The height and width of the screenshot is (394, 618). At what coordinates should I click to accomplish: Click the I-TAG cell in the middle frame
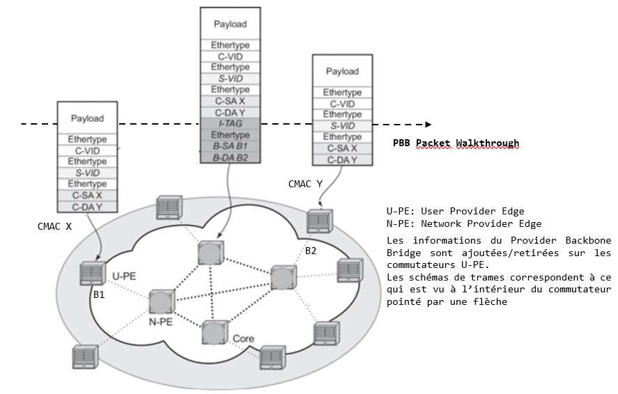pos(230,123)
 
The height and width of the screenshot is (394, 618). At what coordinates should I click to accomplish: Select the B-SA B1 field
pos(230,146)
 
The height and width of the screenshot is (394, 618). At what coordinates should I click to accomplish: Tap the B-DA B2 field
pos(230,157)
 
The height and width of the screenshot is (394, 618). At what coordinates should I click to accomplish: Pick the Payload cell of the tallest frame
pos(230,24)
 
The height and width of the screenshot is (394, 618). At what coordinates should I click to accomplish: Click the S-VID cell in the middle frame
pos(230,79)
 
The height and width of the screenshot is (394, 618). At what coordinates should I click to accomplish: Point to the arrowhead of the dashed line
pos(428,125)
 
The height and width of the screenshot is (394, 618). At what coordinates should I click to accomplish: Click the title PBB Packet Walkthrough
pos(456,143)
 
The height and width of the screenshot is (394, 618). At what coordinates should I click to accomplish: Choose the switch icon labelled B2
pos(318,220)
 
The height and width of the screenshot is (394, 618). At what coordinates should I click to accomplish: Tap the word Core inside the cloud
pos(244,339)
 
